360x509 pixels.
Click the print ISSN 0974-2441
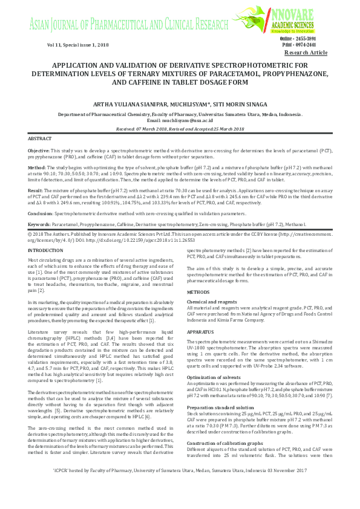[x=316, y=45]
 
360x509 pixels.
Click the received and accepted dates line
[x=180, y=129]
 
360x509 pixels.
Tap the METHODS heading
[x=198, y=291]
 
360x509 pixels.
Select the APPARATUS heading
[x=201, y=332]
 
